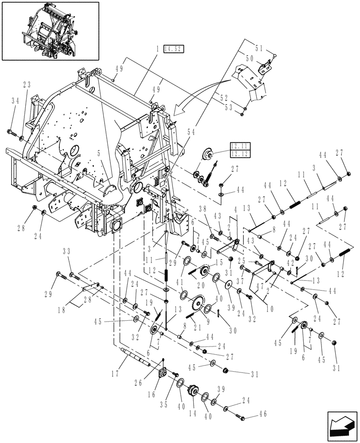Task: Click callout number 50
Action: pyautogui.click(x=250, y=58)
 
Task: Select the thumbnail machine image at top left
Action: pyautogui.click(x=50, y=31)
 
